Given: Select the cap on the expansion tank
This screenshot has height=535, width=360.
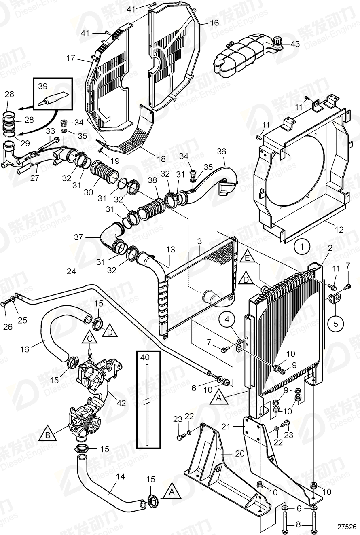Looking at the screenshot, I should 277,41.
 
